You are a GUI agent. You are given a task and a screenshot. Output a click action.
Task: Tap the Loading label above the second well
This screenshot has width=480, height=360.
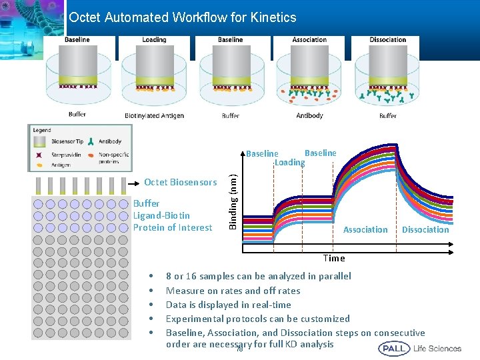pyautogui.click(x=154, y=40)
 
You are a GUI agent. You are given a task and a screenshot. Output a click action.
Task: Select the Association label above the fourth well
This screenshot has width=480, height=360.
pyautogui.click(x=309, y=40)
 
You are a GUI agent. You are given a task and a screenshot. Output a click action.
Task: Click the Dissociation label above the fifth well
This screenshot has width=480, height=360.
pyautogui.click(x=387, y=40)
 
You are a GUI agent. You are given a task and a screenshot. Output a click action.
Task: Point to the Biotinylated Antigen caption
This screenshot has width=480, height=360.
pyautogui.click(x=154, y=116)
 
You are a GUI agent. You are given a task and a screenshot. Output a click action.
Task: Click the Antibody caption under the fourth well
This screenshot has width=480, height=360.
pyautogui.click(x=309, y=116)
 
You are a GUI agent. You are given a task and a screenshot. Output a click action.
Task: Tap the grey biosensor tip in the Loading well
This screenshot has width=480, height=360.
pyautogui.click(x=154, y=64)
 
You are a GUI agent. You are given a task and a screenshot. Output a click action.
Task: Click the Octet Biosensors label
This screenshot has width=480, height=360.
pyautogui.click(x=180, y=183)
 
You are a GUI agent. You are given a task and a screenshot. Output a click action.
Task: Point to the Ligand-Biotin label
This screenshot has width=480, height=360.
pyautogui.click(x=161, y=215)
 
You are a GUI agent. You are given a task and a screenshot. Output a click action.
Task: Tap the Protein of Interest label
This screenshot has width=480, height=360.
pyautogui.click(x=173, y=227)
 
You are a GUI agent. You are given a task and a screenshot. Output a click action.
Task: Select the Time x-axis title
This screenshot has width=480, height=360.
pyautogui.click(x=334, y=258)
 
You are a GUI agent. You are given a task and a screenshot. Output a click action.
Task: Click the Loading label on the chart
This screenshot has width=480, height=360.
pyautogui.click(x=289, y=163)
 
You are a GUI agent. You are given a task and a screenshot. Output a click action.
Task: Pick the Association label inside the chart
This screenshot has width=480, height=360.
pyautogui.click(x=365, y=230)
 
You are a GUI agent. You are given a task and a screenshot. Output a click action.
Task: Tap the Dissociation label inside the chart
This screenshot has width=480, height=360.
pyautogui.click(x=425, y=230)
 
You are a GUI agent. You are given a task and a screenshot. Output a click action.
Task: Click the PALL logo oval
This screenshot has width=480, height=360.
pyautogui.click(x=394, y=348)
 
